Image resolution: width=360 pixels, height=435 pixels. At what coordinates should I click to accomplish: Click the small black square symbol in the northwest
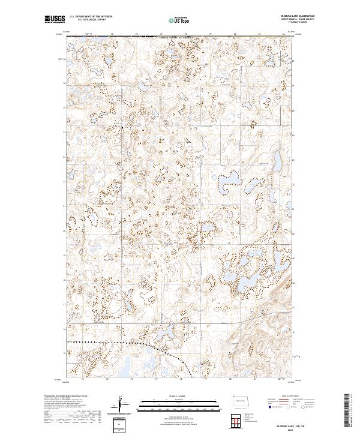(x=123, y=128)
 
